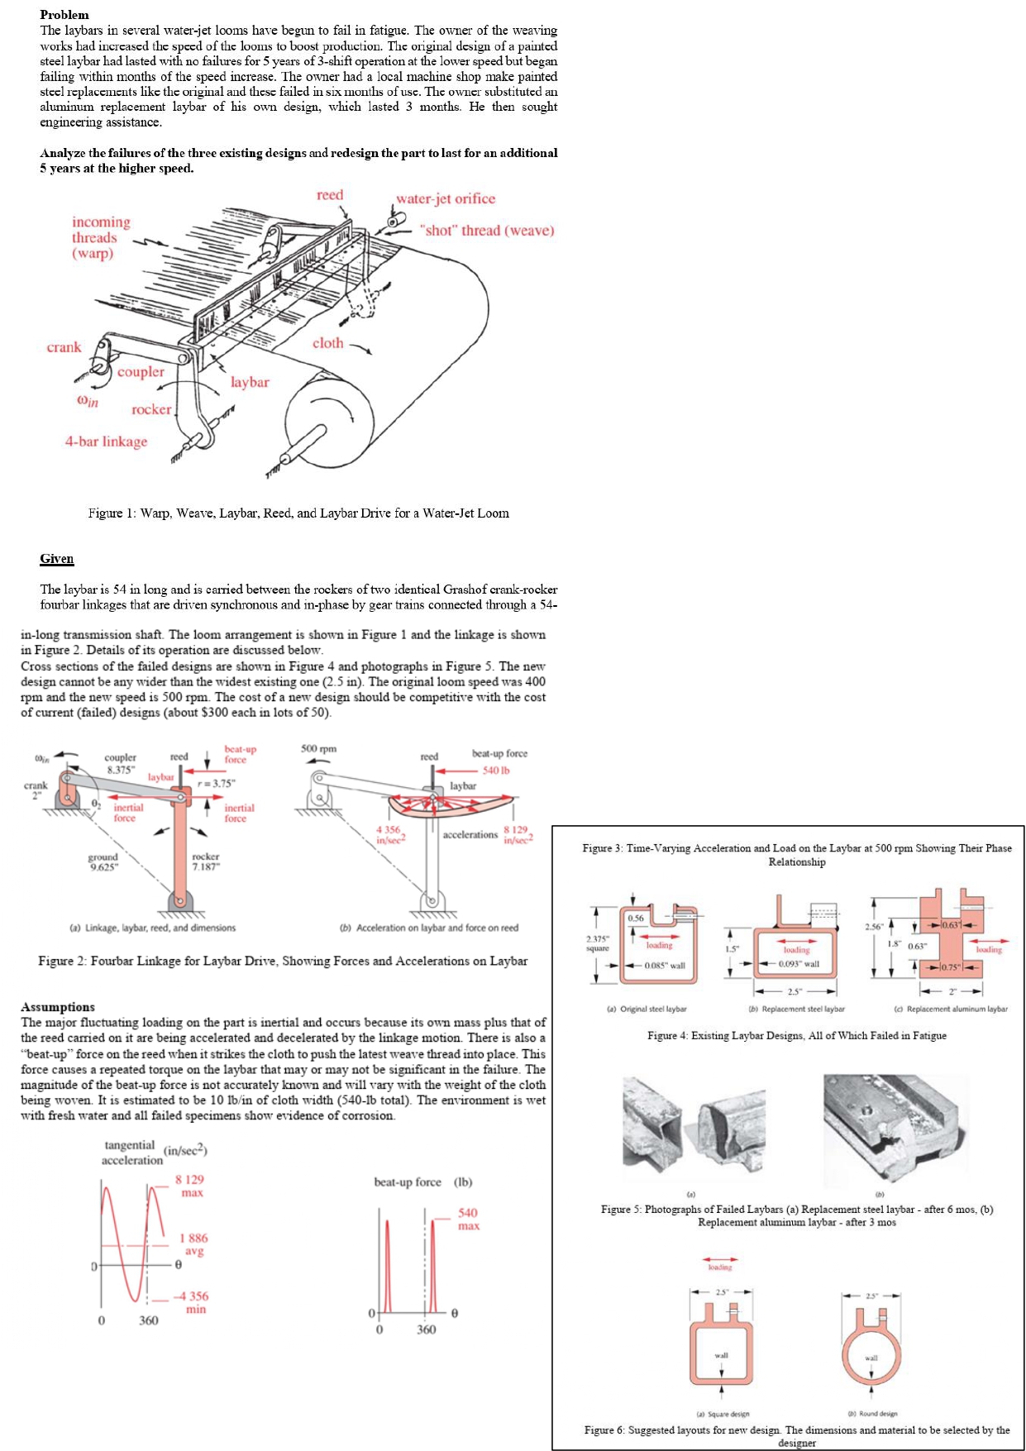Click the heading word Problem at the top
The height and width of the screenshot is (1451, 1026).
[64, 14]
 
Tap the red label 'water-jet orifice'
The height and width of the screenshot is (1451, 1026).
[445, 198]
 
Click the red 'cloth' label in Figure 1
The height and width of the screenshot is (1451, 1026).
[327, 342]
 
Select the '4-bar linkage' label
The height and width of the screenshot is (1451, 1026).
[106, 442]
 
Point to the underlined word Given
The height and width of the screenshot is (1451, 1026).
[56, 558]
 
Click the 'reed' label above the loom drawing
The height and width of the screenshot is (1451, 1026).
[329, 195]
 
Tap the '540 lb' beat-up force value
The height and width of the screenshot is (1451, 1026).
[495, 770]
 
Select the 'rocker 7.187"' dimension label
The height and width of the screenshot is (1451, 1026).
[205, 862]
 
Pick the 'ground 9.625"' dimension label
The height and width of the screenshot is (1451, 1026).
[103, 862]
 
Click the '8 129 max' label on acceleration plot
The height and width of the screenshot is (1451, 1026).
[189, 1186]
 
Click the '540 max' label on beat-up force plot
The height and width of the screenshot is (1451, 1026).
[468, 1219]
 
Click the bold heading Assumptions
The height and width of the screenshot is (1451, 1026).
[57, 1006]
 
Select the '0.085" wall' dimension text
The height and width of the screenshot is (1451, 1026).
[665, 965]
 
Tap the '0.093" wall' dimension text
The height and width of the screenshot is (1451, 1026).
[799, 964]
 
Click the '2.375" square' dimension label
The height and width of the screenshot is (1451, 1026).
[598, 943]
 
